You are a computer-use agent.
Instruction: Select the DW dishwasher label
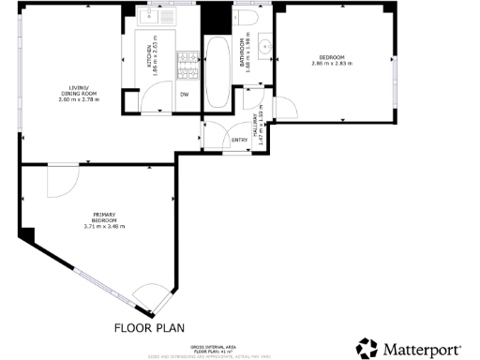tap(185, 94)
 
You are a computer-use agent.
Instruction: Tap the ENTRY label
tap(239, 141)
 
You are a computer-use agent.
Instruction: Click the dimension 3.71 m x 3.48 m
tap(104, 226)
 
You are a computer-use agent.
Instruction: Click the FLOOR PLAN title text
tap(150, 328)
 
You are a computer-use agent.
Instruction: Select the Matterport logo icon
tap(368, 348)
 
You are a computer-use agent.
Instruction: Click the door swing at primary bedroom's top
tap(64, 180)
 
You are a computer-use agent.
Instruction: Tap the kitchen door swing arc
tap(129, 101)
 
